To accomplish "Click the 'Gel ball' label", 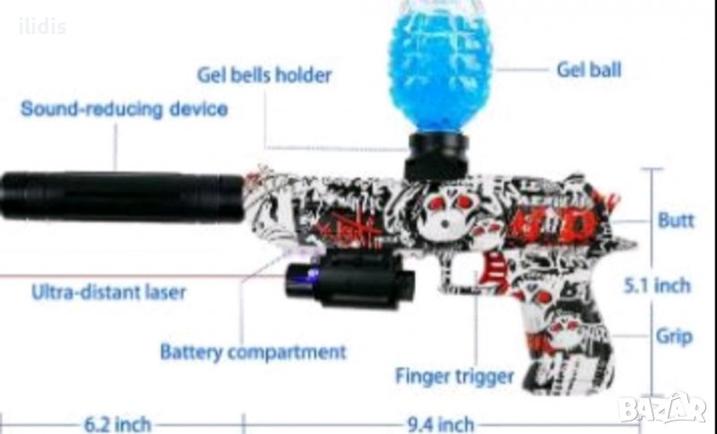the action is [x=589, y=70].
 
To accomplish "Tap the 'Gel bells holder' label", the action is [x=264, y=75].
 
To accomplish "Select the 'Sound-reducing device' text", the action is [x=125, y=109].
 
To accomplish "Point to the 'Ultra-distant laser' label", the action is [x=108, y=291].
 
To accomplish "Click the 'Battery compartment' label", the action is [x=253, y=352].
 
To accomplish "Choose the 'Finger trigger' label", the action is [x=454, y=377].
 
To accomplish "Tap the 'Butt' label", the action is [x=676, y=220].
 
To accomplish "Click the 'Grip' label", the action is [x=674, y=336].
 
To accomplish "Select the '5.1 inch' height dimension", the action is [x=657, y=286].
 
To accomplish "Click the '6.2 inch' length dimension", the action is [x=117, y=424].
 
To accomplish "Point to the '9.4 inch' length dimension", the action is [x=440, y=424].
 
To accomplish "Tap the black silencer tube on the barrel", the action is [x=122, y=196].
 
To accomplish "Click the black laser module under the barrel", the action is [x=350, y=279].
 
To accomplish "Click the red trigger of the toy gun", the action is [x=497, y=270].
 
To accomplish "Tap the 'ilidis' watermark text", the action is [x=42, y=27].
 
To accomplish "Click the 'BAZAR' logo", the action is [x=662, y=408].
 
